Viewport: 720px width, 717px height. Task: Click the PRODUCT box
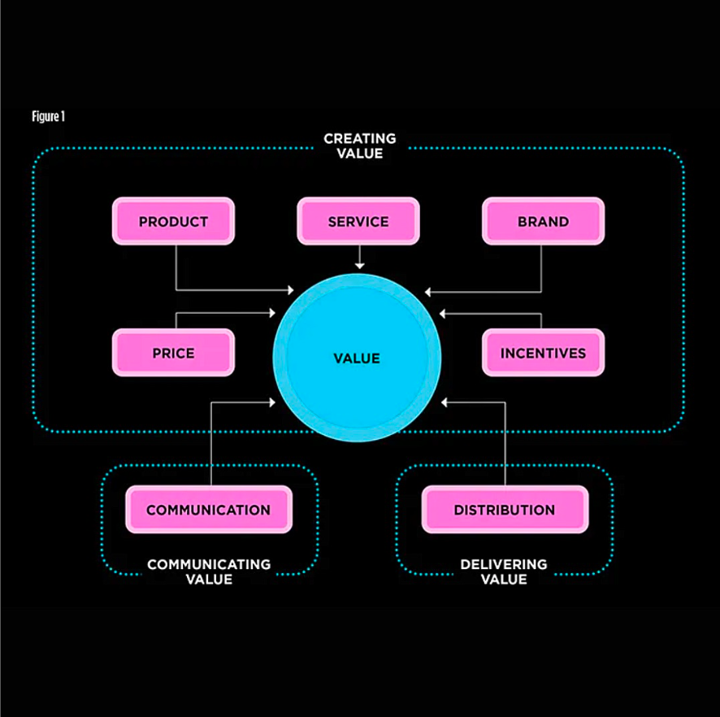pos(173,221)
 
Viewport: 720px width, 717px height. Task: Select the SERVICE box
pos(358,221)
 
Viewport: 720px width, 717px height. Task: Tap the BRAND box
pos(543,221)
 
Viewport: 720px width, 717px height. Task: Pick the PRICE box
pos(173,353)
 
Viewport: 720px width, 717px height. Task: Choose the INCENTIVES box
pos(543,353)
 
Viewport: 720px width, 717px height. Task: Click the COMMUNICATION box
pos(209,510)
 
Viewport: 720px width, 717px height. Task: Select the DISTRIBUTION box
pos(505,510)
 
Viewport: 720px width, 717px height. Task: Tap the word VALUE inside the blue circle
pos(357,358)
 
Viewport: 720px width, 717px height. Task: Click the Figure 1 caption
pos(48,116)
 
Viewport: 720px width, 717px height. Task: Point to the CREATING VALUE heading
pos(359,146)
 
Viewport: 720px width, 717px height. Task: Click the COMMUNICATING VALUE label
pos(209,571)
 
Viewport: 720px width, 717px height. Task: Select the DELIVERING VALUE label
pos(504,571)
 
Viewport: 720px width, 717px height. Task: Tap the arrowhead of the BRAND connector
pos(428,291)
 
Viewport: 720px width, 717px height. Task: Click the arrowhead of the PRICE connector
pos(272,312)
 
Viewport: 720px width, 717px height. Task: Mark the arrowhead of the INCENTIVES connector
pos(444,313)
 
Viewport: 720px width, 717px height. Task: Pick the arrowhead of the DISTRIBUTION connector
pos(445,402)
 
